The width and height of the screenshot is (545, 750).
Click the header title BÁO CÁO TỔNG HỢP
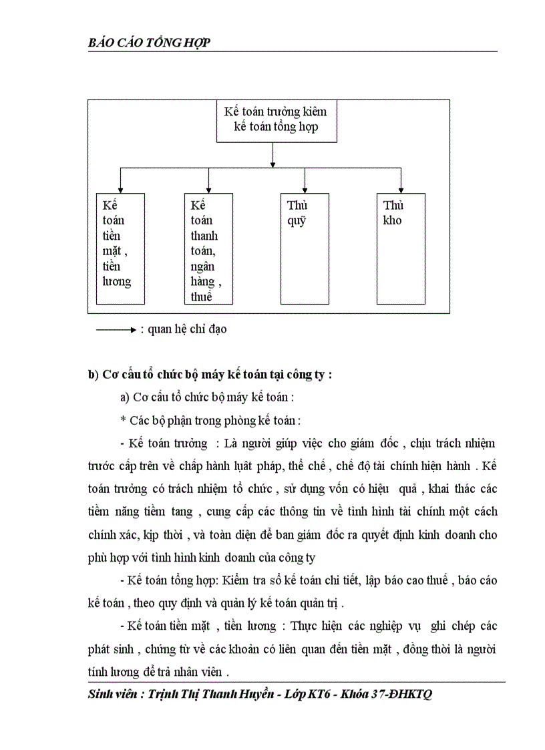(x=150, y=43)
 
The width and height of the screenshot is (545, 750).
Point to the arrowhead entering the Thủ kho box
(x=401, y=189)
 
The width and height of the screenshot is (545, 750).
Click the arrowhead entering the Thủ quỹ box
(x=305, y=189)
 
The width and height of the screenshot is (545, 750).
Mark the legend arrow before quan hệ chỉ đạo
(x=116, y=329)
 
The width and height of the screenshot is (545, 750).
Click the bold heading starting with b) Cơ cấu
(x=210, y=375)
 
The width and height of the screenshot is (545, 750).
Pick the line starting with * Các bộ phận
(x=210, y=420)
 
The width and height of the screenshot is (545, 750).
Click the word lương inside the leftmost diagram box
(x=117, y=281)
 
